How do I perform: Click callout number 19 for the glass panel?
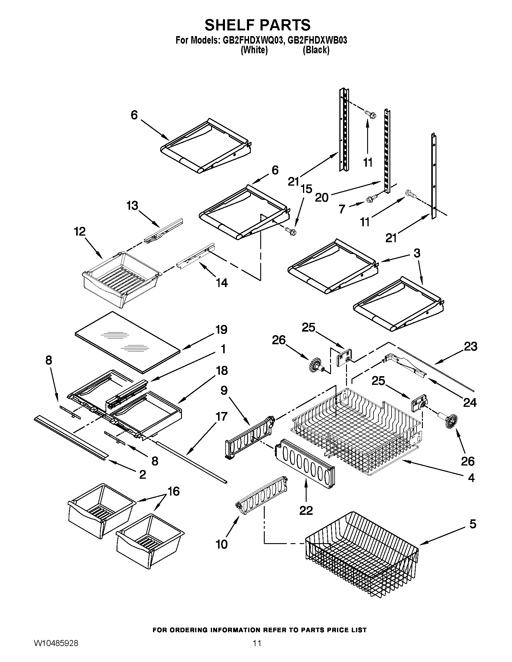pyautogui.click(x=221, y=329)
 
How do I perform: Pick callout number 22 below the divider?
pyautogui.click(x=306, y=511)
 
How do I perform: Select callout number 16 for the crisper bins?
pyautogui.click(x=173, y=491)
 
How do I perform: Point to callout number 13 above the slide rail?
pyautogui.click(x=133, y=206)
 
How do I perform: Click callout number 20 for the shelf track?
pyautogui.click(x=322, y=198)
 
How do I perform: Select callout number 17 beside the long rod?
pyautogui.click(x=221, y=416)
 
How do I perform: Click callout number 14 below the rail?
pyautogui.click(x=222, y=283)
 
